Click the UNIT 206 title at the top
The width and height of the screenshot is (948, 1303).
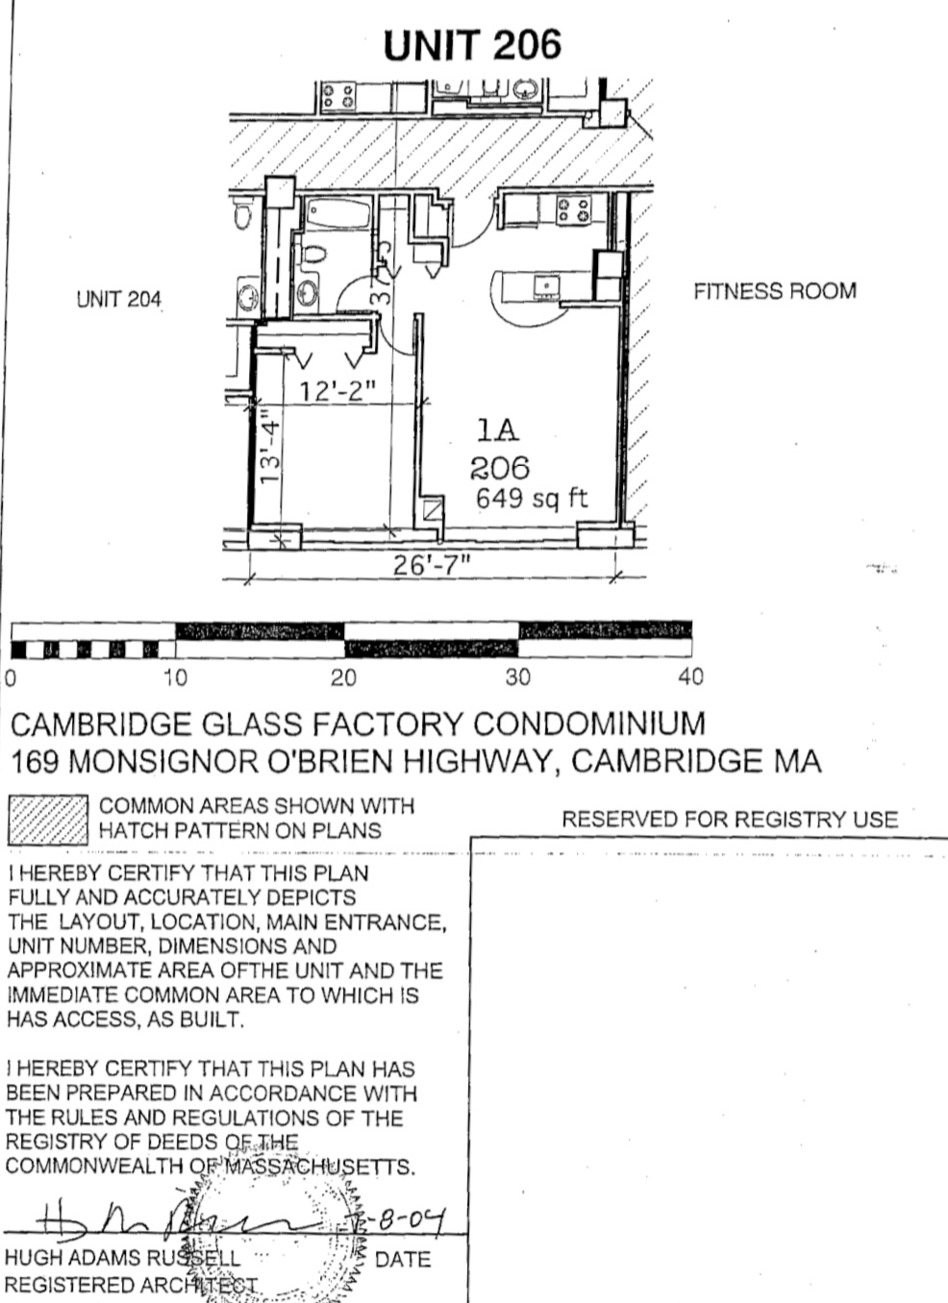click(x=471, y=45)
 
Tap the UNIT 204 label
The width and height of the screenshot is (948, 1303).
click(x=118, y=300)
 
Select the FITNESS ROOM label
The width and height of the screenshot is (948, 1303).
click(x=774, y=291)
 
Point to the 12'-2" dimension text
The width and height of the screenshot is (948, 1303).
click(x=336, y=391)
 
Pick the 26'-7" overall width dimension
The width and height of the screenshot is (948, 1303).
click(x=431, y=564)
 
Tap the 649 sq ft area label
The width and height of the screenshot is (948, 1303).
click(x=531, y=499)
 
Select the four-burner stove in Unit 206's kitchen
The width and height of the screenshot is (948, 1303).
click(x=573, y=209)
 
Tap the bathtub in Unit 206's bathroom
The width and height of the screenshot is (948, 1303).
click(x=338, y=213)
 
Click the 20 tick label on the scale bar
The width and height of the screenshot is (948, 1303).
click(x=343, y=677)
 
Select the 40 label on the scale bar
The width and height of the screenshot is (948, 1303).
click(x=690, y=677)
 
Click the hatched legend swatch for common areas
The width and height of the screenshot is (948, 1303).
click(x=47, y=819)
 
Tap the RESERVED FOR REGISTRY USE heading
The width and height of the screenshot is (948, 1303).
click(x=729, y=820)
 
